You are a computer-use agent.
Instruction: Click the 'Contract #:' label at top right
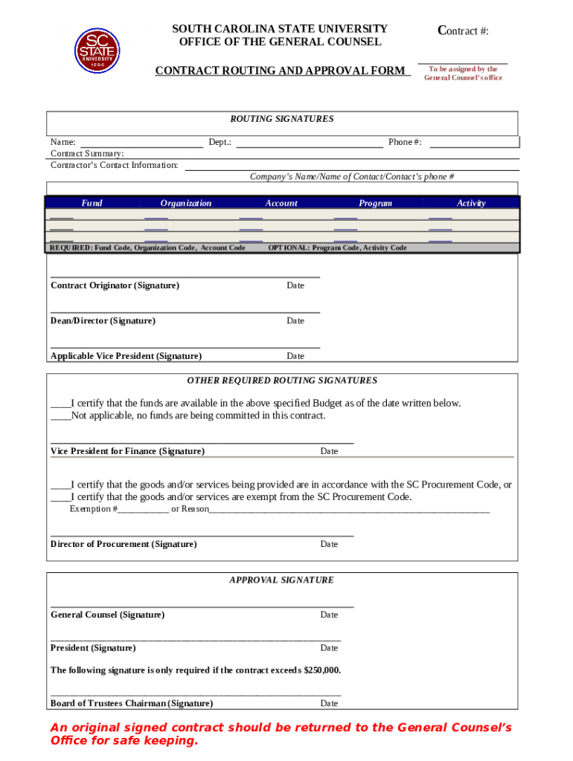point(463,30)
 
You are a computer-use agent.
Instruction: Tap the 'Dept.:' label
point(220,142)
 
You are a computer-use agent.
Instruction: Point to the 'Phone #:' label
point(405,142)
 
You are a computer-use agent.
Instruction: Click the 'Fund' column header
point(92,203)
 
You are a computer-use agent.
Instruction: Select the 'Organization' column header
point(185,203)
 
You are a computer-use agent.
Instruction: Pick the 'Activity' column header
point(471,203)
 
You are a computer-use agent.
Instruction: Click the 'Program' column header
point(375,203)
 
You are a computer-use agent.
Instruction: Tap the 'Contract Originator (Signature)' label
point(115,285)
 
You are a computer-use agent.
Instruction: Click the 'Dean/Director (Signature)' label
point(103,321)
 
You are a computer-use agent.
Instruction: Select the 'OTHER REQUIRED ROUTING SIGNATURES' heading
point(282,380)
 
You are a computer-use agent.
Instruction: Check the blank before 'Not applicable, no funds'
point(60,416)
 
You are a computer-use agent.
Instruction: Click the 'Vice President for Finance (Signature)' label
point(127,451)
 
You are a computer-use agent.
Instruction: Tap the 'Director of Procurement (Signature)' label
point(124,544)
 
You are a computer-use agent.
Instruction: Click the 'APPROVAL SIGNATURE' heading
point(281,580)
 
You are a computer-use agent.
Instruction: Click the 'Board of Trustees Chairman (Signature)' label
point(132,703)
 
